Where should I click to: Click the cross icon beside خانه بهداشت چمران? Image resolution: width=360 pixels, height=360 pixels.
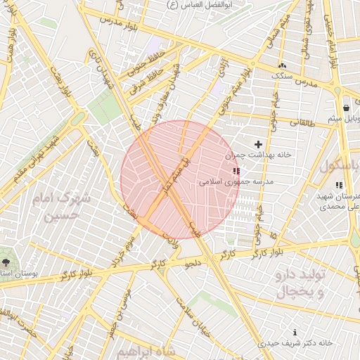point(258,143)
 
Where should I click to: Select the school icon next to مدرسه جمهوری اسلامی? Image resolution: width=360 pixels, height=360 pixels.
point(236,170)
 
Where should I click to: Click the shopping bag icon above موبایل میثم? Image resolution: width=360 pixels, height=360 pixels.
point(347,108)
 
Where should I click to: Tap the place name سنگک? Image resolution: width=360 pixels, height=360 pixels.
point(282,75)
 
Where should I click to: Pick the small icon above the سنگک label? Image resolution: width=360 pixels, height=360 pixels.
point(282,65)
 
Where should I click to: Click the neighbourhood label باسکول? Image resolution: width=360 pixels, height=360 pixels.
point(340,167)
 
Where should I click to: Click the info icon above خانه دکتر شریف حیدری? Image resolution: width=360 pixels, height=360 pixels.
point(295,331)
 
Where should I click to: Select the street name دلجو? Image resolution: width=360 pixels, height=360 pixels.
point(193,264)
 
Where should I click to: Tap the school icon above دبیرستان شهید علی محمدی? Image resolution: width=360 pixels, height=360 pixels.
point(338,185)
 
